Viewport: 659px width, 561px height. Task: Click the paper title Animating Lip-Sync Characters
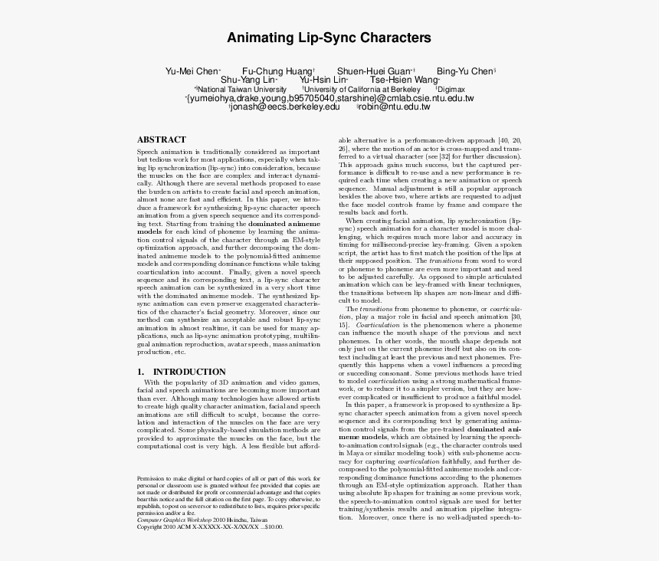(x=329, y=38)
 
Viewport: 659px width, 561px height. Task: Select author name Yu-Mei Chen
(x=192, y=71)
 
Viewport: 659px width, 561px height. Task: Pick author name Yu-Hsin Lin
(x=323, y=80)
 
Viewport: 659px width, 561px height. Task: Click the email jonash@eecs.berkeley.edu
(x=286, y=107)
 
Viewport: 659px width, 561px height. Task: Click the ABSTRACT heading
(x=161, y=140)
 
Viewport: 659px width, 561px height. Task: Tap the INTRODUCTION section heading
(x=189, y=372)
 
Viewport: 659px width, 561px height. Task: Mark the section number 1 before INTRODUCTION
(x=140, y=372)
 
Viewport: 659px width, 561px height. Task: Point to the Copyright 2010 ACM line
(x=210, y=527)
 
